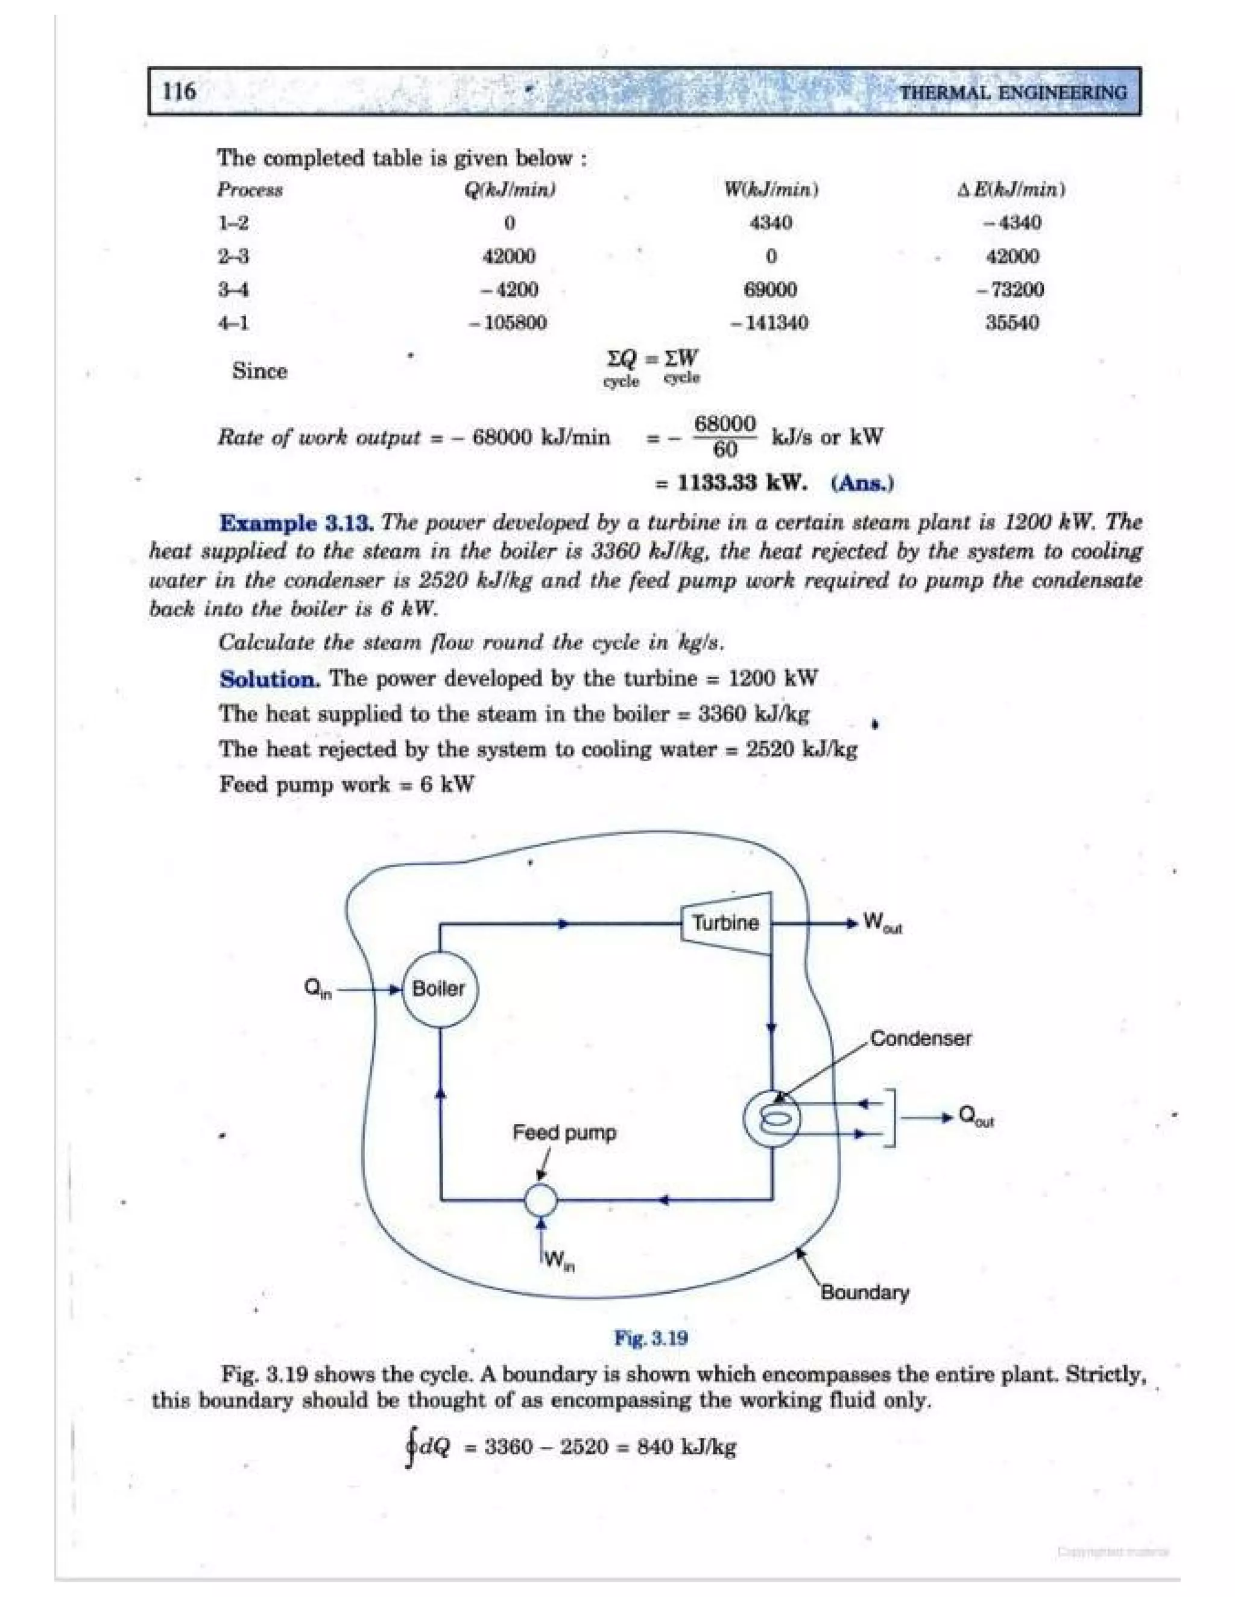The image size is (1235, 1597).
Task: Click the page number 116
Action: [x=179, y=92]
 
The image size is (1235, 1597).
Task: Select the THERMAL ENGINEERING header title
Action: [x=1013, y=93]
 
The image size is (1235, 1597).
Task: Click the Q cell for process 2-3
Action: [x=509, y=257]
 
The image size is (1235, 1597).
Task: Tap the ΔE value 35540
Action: [x=1012, y=322]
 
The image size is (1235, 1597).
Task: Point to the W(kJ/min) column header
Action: [x=771, y=190]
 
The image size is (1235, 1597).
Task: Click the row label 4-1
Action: [x=233, y=322]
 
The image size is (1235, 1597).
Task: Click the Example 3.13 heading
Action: [x=297, y=523]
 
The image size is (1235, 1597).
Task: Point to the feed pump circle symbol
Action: [x=542, y=1199]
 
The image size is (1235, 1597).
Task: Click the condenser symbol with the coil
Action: [x=772, y=1120]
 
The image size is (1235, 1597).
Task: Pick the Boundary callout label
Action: [x=864, y=1292]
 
